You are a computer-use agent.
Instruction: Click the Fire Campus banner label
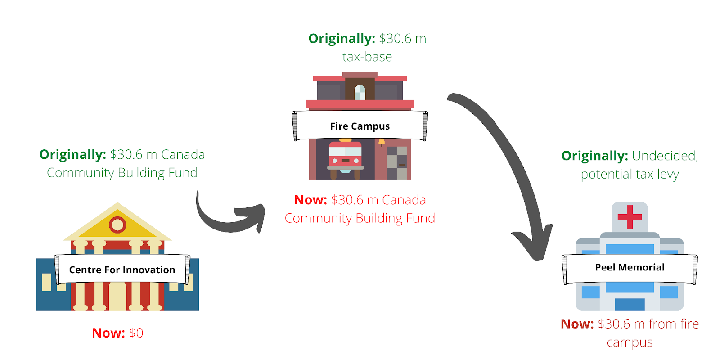coord(360,126)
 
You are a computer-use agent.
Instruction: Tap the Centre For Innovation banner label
coord(122,270)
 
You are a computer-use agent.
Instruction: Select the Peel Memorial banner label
coord(630,267)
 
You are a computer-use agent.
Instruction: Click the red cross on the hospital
coord(630,217)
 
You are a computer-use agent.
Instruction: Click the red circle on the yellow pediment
coord(117,224)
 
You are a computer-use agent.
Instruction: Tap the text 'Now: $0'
coord(117,333)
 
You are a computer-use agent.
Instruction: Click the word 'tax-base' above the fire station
coord(367,57)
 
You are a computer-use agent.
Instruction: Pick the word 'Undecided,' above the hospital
coord(665,156)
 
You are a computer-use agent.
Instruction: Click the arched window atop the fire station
coord(360,93)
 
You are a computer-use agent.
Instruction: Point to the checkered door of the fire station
coord(396,163)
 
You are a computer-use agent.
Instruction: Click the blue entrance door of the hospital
coord(630,304)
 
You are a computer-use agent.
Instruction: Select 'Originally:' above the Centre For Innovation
coord(72,155)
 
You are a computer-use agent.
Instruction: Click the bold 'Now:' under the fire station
coord(310,200)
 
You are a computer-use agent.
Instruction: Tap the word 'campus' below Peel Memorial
coord(630,342)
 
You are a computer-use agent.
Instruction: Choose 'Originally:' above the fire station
coord(342,39)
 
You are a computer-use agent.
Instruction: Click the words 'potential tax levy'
coord(630,175)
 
